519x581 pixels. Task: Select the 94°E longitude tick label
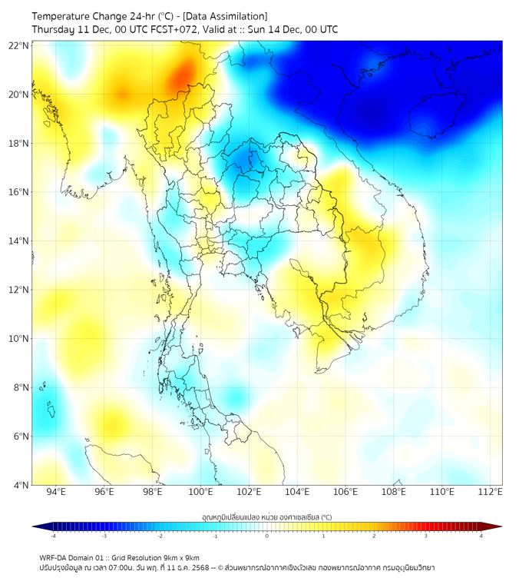click(56, 493)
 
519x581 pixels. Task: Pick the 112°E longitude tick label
click(490, 493)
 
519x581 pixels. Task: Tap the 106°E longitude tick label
click(345, 493)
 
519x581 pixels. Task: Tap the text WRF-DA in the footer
click(55, 557)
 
